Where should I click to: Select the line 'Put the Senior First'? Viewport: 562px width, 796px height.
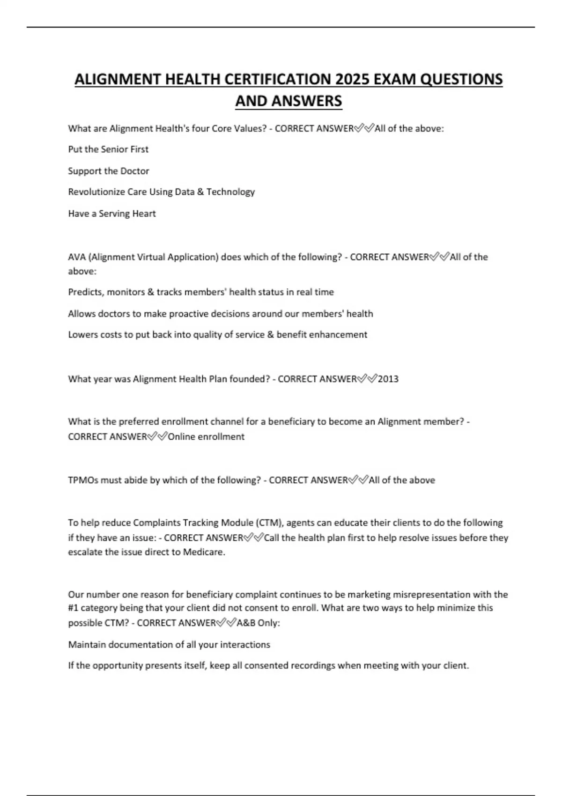[x=108, y=149]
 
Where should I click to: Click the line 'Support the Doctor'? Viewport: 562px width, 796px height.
[x=109, y=171]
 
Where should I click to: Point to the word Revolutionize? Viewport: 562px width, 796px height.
[x=97, y=192]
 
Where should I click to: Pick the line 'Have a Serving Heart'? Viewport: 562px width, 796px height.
[x=112, y=214]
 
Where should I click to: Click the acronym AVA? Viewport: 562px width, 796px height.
[x=76, y=257]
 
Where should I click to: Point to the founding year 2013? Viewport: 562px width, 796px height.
[x=388, y=379]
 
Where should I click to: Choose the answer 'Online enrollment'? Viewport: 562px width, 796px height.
[x=206, y=437]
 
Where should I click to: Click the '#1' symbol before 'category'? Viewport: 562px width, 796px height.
[x=74, y=608]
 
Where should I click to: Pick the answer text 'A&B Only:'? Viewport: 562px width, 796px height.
[x=258, y=623]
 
